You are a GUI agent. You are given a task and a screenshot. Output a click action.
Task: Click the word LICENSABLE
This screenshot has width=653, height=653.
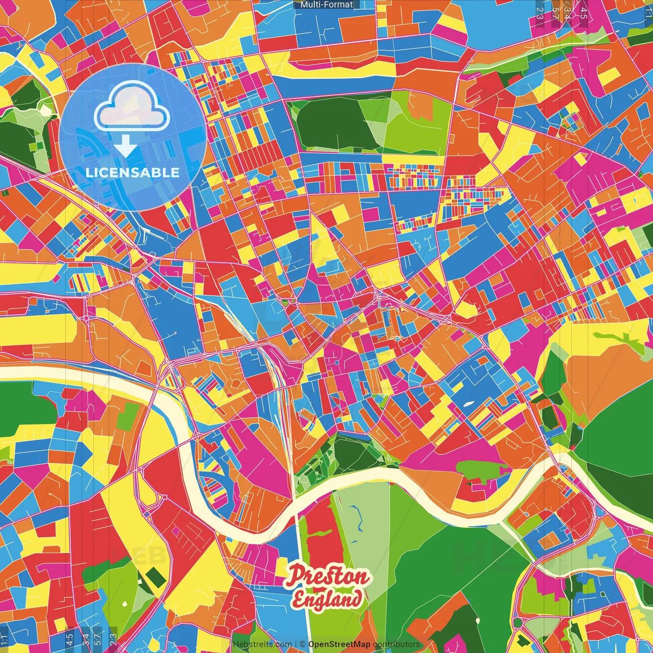coord(133,172)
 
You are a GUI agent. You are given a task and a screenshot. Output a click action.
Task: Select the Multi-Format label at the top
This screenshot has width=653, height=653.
coord(326,5)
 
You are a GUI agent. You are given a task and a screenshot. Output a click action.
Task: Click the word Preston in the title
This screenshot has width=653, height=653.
coord(327,577)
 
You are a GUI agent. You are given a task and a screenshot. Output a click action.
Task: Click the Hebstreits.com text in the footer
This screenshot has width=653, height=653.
coord(262,644)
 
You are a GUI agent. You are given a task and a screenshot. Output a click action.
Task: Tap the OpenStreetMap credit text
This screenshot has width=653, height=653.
coord(339,644)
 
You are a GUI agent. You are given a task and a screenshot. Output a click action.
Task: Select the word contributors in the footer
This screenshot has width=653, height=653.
coord(396,644)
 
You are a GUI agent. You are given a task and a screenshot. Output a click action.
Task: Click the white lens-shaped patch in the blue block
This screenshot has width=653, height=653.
coord(468,404)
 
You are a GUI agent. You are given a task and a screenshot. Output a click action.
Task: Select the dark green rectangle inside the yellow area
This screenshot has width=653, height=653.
coord(155,576)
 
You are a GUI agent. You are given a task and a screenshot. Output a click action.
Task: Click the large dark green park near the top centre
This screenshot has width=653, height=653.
coord(334,125)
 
